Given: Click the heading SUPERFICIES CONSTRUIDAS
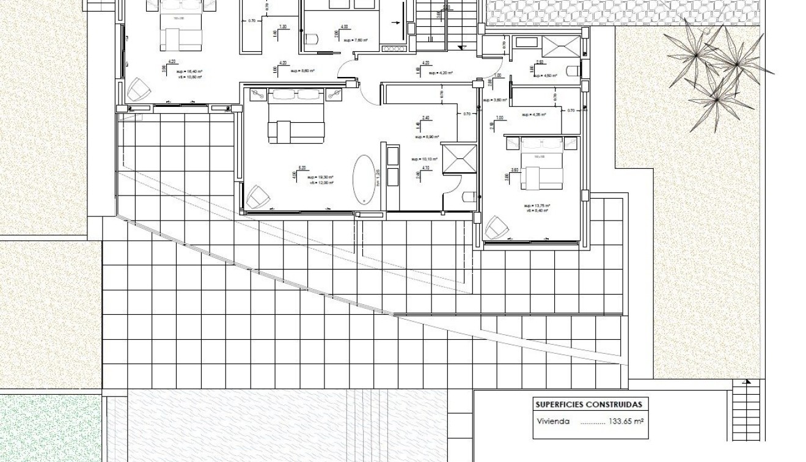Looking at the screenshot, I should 588,405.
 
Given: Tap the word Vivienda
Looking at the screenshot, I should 553,421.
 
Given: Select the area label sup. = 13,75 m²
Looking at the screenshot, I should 537,206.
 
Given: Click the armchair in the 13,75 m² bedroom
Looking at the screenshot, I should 497,228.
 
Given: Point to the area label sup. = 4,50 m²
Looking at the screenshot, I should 543,76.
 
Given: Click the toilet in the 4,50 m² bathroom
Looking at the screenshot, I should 573,70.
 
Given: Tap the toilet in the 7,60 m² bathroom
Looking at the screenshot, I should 313,40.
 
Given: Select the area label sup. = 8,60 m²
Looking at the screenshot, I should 302,71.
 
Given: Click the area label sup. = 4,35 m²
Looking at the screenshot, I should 534,114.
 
